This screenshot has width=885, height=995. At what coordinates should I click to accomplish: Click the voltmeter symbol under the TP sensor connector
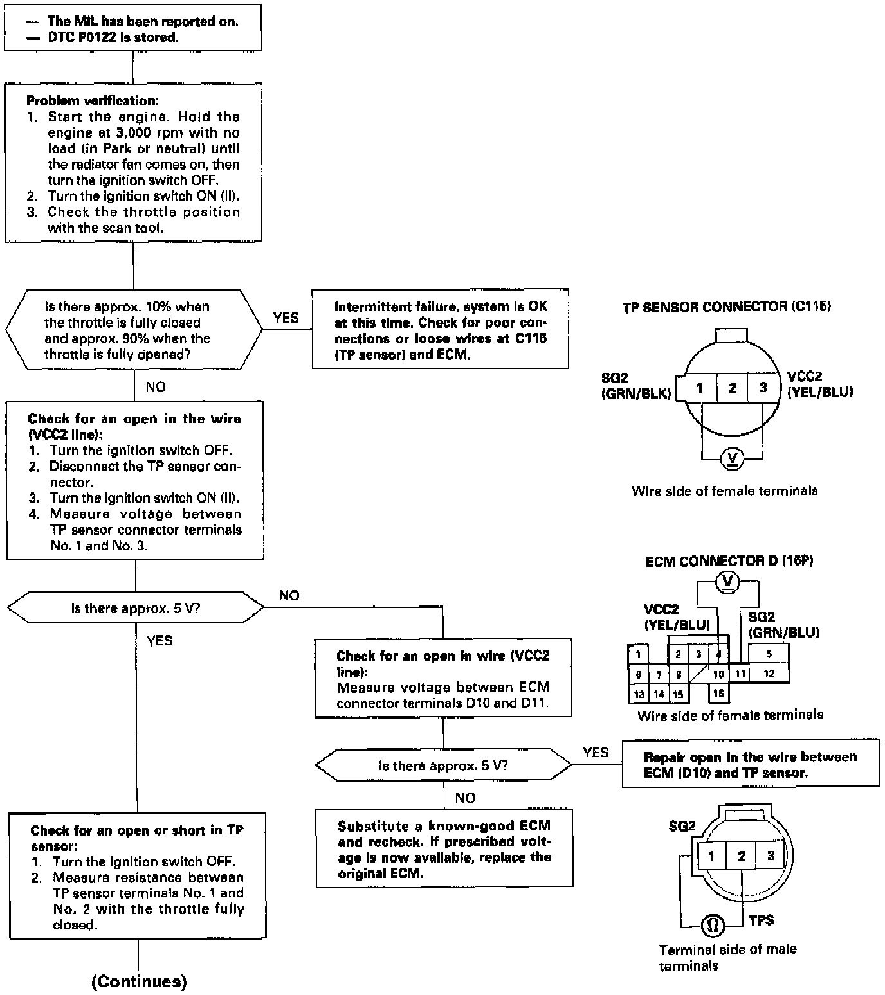click(x=733, y=458)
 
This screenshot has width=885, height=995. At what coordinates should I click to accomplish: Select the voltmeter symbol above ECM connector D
click(x=728, y=581)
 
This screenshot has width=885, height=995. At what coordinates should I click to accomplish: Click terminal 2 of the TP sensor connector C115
click(x=733, y=388)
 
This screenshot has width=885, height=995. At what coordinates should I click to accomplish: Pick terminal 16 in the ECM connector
click(x=718, y=694)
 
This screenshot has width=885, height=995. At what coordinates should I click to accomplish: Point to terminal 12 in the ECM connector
click(x=769, y=674)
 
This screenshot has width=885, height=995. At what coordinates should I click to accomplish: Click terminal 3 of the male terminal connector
click(x=770, y=856)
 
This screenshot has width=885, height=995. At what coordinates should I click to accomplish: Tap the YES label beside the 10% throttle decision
click(x=286, y=318)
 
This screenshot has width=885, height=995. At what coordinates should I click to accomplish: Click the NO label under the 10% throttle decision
click(x=156, y=386)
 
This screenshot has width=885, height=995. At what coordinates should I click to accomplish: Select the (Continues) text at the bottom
click(x=139, y=981)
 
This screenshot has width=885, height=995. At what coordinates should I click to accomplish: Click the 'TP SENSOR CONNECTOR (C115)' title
click(x=727, y=307)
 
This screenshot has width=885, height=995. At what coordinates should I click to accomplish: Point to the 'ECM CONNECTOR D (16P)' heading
click(x=729, y=561)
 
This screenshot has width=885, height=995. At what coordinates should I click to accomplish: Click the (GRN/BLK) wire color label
click(x=636, y=393)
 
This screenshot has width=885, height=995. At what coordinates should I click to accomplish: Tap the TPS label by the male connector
click(x=761, y=920)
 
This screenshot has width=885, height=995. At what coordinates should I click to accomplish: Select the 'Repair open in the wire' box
click(x=750, y=764)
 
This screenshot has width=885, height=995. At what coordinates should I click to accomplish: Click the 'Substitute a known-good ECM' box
click(x=444, y=849)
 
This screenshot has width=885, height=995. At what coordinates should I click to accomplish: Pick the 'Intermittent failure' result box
click(x=440, y=330)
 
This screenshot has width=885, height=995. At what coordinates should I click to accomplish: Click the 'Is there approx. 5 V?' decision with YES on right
click(x=443, y=766)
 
